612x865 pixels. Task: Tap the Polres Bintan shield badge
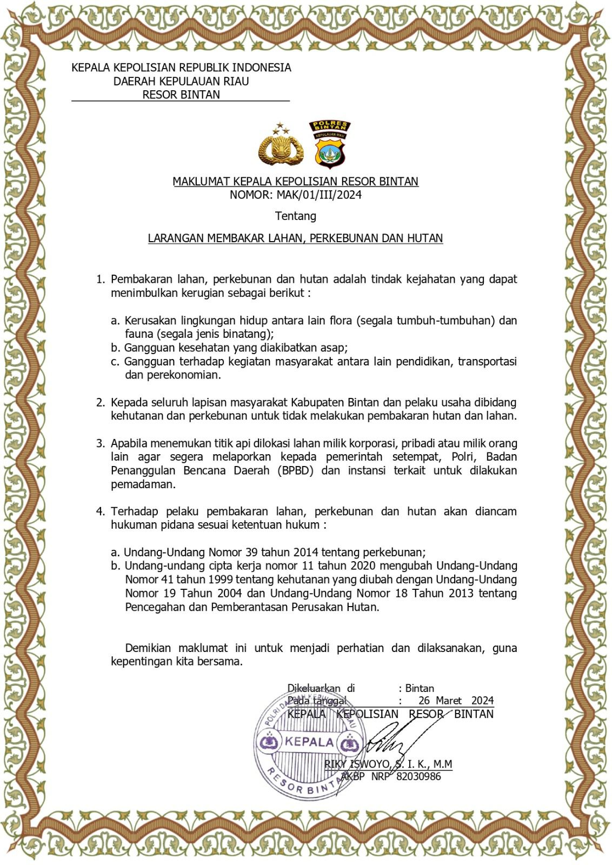click(329, 143)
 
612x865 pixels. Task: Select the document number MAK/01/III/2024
click(319, 195)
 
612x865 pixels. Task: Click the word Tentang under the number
click(295, 216)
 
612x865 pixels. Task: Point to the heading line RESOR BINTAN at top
click(181, 95)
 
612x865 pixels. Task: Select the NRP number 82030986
click(418, 777)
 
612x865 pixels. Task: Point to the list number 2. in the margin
click(101, 402)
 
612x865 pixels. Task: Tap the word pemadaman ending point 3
click(143, 484)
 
